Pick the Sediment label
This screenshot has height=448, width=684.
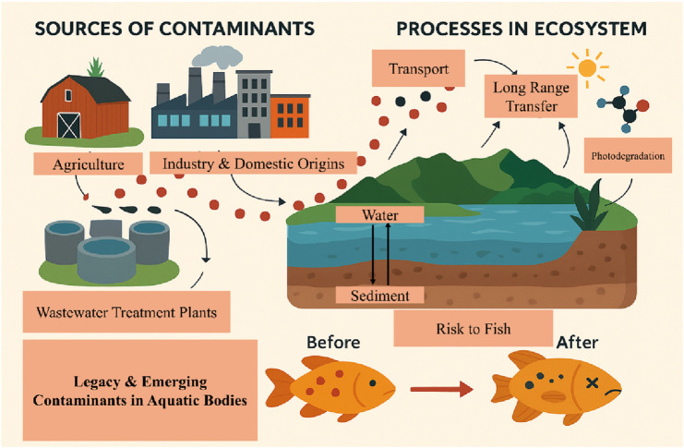coord(379,296)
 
